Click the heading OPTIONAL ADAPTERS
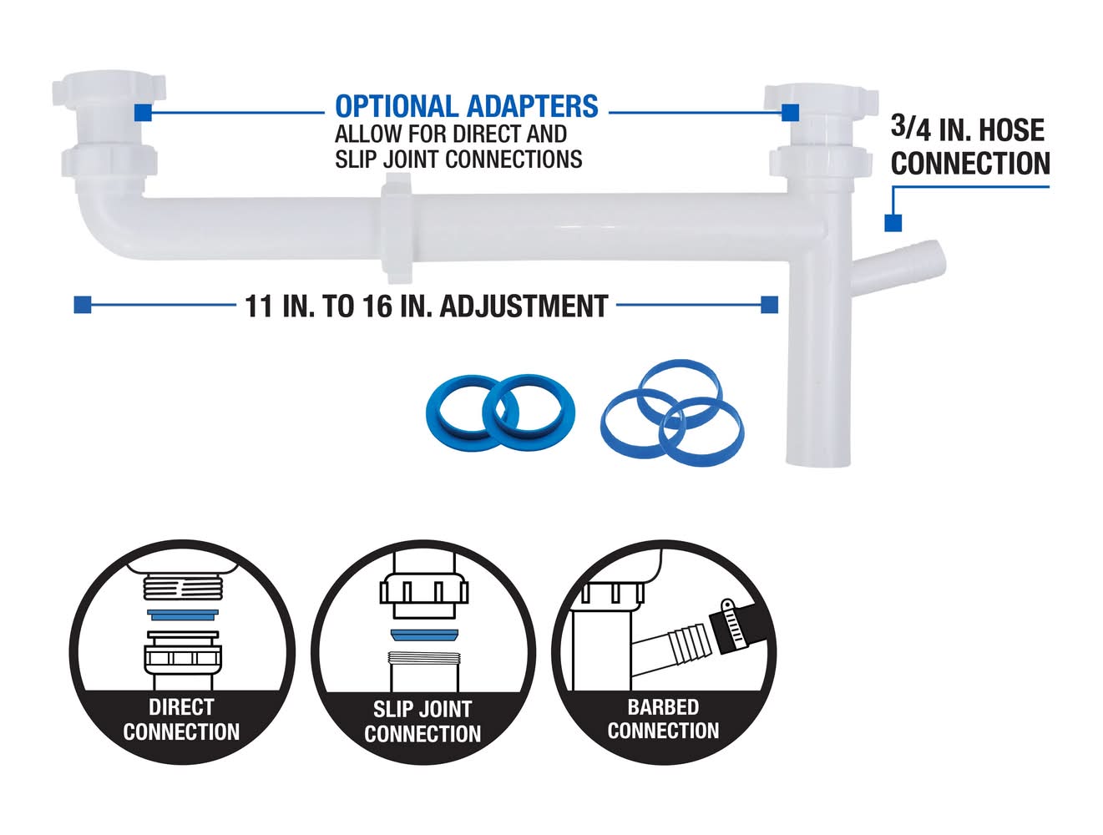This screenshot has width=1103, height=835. pyautogui.click(x=466, y=107)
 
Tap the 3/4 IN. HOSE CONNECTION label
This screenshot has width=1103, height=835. pyautogui.click(x=969, y=146)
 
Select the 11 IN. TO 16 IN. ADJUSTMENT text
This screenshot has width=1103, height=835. pyautogui.click(x=426, y=306)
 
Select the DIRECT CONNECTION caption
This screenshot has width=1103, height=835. pyautogui.click(x=181, y=719)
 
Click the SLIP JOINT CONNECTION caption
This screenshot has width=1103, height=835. pyautogui.click(x=422, y=721)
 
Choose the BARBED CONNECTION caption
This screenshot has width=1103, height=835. pyautogui.click(x=663, y=719)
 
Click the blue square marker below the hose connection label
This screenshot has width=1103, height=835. pyautogui.click(x=893, y=222)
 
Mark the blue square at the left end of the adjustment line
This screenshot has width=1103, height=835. pyautogui.click(x=82, y=305)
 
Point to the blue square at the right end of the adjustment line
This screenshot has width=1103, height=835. pyautogui.click(x=770, y=305)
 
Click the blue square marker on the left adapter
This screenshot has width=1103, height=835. pyautogui.click(x=142, y=111)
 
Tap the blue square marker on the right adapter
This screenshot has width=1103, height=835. pyautogui.click(x=790, y=112)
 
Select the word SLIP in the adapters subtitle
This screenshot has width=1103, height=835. pyautogui.click(x=354, y=159)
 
